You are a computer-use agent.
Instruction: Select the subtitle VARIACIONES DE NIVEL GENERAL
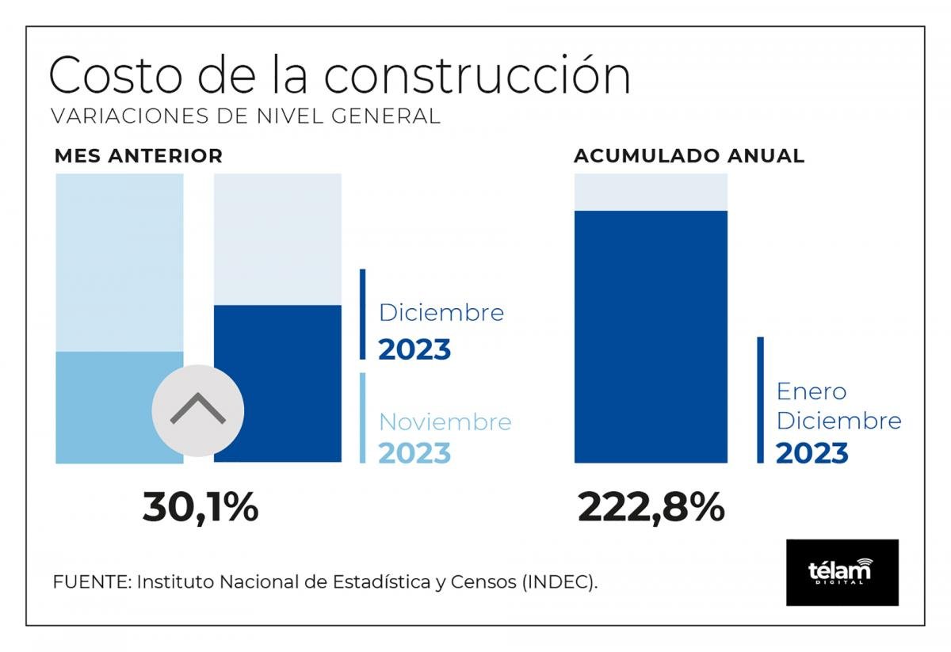[x=245, y=116]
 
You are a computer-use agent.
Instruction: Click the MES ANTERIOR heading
[x=139, y=156]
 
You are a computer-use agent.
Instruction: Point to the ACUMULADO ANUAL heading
[x=689, y=156]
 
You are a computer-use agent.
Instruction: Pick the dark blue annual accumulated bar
[x=651, y=337]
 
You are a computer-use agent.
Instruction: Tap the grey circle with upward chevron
[x=197, y=410]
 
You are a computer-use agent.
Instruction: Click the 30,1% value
[x=201, y=507]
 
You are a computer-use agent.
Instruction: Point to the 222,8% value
[x=651, y=507]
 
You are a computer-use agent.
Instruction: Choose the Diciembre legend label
[x=441, y=312]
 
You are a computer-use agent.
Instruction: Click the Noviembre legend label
[x=445, y=421]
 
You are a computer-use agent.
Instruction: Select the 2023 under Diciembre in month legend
[x=414, y=349]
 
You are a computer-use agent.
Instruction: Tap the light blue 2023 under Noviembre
[x=414, y=453]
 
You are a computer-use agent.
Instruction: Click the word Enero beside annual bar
[x=812, y=391]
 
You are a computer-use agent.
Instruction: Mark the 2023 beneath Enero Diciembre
[x=812, y=454]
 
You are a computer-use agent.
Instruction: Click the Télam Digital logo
[x=842, y=572]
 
